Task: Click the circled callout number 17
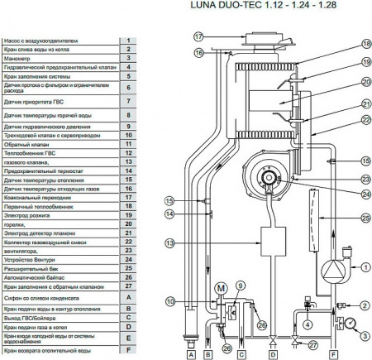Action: (x=198, y=37)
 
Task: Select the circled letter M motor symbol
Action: (x=221, y=287)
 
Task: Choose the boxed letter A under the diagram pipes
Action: (x=192, y=353)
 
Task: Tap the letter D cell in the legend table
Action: (x=128, y=326)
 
